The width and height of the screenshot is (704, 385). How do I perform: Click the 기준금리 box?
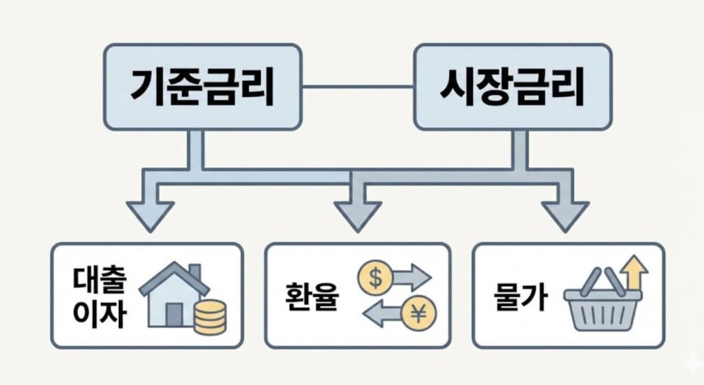202,87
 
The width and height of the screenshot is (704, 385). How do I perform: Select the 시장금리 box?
512,87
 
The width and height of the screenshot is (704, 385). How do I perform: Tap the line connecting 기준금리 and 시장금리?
357,87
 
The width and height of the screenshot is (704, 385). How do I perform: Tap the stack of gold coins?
209,317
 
